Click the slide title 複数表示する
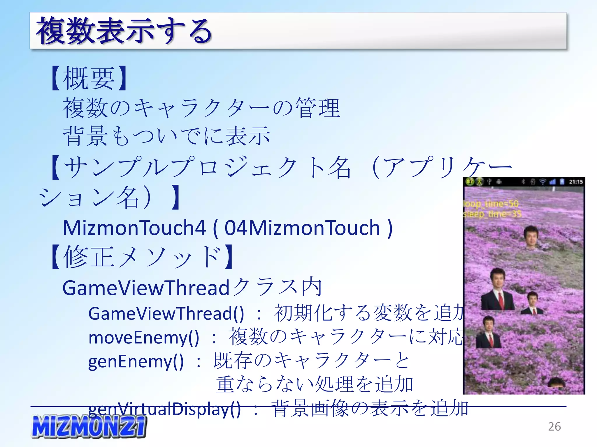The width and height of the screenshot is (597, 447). [x=124, y=31]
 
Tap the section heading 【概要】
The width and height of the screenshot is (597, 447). [x=89, y=78]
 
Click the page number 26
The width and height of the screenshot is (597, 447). [x=554, y=426]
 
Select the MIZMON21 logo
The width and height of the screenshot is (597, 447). [x=89, y=426]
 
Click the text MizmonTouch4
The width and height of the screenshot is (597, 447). [x=134, y=228]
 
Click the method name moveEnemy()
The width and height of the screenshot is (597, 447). [x=144, y=338]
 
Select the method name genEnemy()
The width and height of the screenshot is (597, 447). [x=136, y=361]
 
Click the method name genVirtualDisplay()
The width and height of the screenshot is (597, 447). [x=164, y=408]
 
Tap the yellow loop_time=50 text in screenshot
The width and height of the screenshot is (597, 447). [x=491, y=203]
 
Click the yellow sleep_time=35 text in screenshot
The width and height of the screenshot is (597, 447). [x=492, y=214]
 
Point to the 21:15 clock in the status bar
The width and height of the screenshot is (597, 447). [x=575, y=182]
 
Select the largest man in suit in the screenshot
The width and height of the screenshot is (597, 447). [x=497, y=290]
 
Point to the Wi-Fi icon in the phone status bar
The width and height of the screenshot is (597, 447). [x=542, y=182]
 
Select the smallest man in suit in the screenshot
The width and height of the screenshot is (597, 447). [x=532, y=304]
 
